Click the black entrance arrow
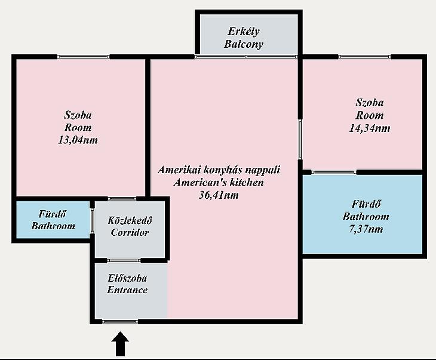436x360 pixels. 120,344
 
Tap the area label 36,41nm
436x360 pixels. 219,195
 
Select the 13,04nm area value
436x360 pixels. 78,140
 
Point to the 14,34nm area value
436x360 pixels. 370,128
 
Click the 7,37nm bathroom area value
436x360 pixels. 366,229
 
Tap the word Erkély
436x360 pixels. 244,32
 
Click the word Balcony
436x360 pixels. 244,44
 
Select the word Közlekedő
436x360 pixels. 130,220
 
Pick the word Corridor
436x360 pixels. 130,232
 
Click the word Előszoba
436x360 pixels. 127,278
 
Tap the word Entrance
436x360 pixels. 127,290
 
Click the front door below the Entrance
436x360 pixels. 120,322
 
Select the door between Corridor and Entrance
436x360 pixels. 124,260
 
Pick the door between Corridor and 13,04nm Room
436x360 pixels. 122,198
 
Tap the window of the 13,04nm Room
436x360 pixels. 84,57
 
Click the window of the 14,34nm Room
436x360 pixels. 364,57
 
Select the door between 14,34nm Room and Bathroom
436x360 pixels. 334,173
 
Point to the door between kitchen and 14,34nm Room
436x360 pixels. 300,139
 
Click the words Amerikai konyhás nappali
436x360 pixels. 219,170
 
